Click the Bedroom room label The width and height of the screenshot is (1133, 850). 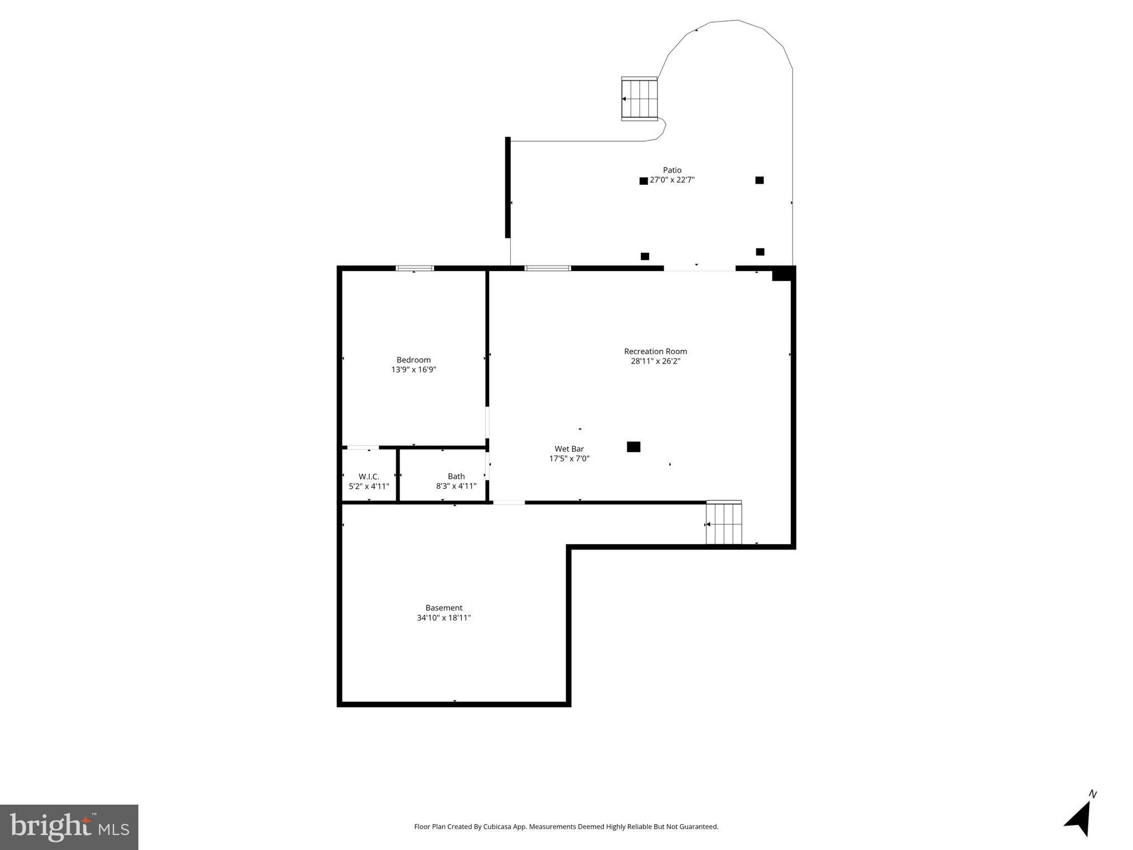[413, 360]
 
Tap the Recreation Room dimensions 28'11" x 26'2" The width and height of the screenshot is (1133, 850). [655, 361]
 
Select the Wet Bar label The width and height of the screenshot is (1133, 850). [569, 449]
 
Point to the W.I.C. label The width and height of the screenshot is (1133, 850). [369, 476]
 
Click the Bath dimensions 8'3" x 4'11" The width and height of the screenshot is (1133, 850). [456, 486]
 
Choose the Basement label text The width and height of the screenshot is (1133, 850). [443, 608]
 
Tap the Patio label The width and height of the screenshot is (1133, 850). [672, 170]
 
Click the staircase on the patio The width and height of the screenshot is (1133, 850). [639, 99]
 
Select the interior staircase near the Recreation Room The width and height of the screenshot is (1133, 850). [723, 524]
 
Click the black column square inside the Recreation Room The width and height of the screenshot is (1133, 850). [633, 447]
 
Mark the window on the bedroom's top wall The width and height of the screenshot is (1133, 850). [415, 268]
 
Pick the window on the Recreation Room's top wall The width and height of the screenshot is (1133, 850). [547, 268]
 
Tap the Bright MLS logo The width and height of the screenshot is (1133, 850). [69, 827]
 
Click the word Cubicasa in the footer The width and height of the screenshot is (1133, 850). [496, 827]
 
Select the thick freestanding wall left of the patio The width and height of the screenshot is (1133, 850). [508, 187]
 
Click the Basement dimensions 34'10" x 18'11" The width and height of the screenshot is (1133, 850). [443, 618]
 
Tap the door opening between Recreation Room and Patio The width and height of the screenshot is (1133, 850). [699, 269]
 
